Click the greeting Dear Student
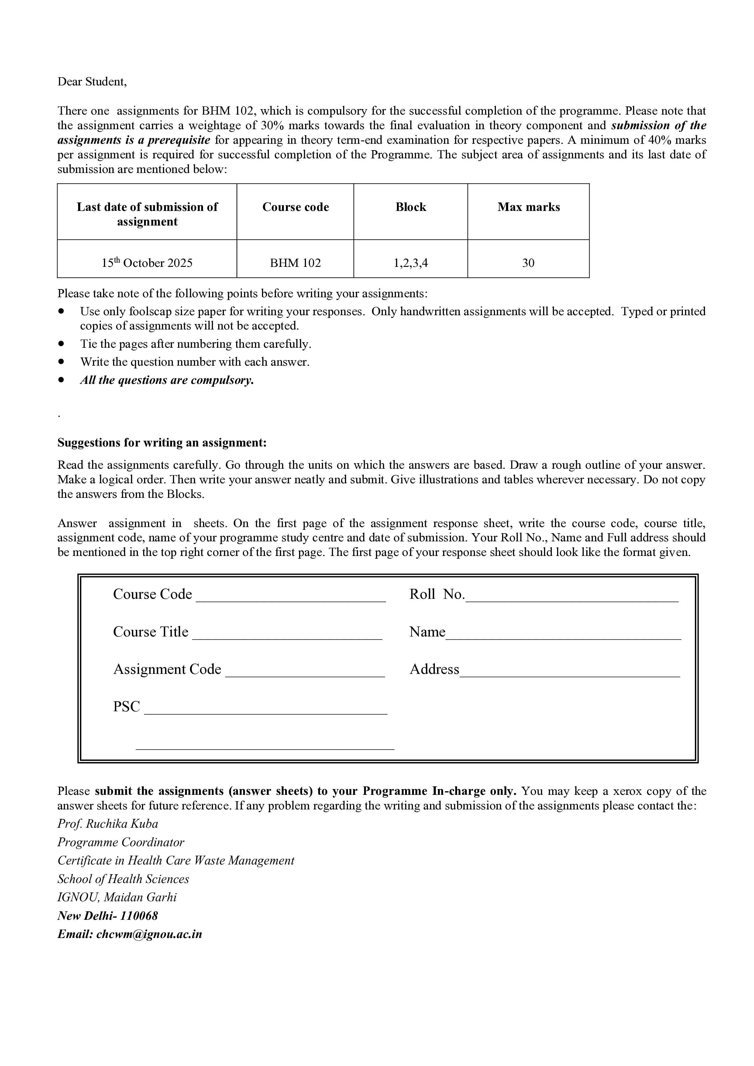(x=92, y=82)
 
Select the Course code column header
(x=295, y=207)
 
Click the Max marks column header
(x=528, y=207)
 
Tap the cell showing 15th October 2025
(x=147, y=263)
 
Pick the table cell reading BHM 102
(x=295, y=263)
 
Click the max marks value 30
(x=528, y=263)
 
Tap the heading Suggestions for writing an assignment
(x=162, y=443)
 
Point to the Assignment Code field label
(x=167, y=670)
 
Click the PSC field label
(x=126, y=707)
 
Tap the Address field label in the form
(x=434, y=670)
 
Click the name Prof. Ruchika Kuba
(x=108, y=824)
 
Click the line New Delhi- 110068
(x=108, y=916)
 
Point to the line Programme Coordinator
(x=121, y=842)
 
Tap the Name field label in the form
(x=427, y=632)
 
